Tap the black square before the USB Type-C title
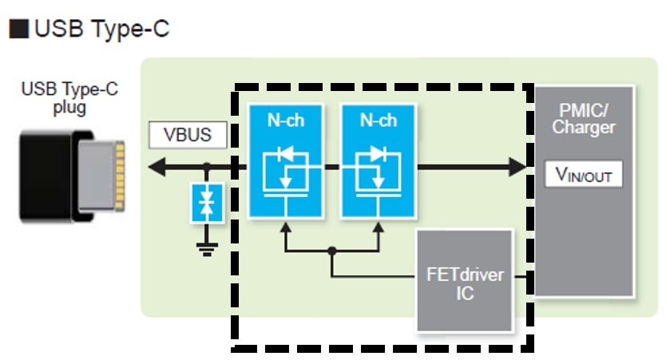pos(18,30)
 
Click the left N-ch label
pos(285,121)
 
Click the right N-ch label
pos(378,121)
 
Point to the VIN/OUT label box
pos(583,175)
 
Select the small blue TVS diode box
pos(208,204)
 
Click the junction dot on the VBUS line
pos(208,168)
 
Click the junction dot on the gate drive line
pos(331,251)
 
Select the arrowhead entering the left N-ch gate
pos(285,228)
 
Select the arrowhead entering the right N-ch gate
pos(378,228)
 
